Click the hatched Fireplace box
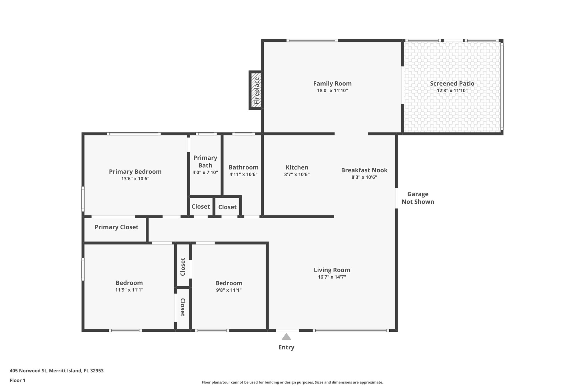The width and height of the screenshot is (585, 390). click(x=256, y=90)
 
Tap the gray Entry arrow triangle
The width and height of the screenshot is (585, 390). click(x=286, y=337)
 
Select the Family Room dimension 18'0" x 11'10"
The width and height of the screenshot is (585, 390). click(x=332, y=91)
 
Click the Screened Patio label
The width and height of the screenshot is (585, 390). click(x=452, y=83)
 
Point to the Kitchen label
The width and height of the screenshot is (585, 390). click(x=297, y=167)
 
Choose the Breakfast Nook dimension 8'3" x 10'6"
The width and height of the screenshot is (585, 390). click(x=364, y=177)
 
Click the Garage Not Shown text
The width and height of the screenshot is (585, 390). click(x=418, y=198)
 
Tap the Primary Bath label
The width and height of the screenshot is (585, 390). click(x=205, y=161)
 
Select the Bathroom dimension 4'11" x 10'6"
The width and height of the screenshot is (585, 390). click(x=243, y=174)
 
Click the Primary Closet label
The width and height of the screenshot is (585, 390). click(x=116, y=227)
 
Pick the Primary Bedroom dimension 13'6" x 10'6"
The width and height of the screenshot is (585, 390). click(x=135, y=179)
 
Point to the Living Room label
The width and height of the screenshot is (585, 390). click(x=332, y=270)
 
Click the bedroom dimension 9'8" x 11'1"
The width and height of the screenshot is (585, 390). click(x=229, y=290)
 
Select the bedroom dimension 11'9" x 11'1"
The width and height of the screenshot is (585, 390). click(x=129, y=290)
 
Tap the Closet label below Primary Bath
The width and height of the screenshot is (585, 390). click(x=201, y=207)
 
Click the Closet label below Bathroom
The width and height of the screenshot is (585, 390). click(x=227, y=207)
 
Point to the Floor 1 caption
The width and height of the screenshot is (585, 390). click(x=17, y=381)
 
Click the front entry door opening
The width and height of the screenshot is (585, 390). click(x=287, y=331)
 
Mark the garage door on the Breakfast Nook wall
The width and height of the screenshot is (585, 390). click(x=396, y=198)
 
